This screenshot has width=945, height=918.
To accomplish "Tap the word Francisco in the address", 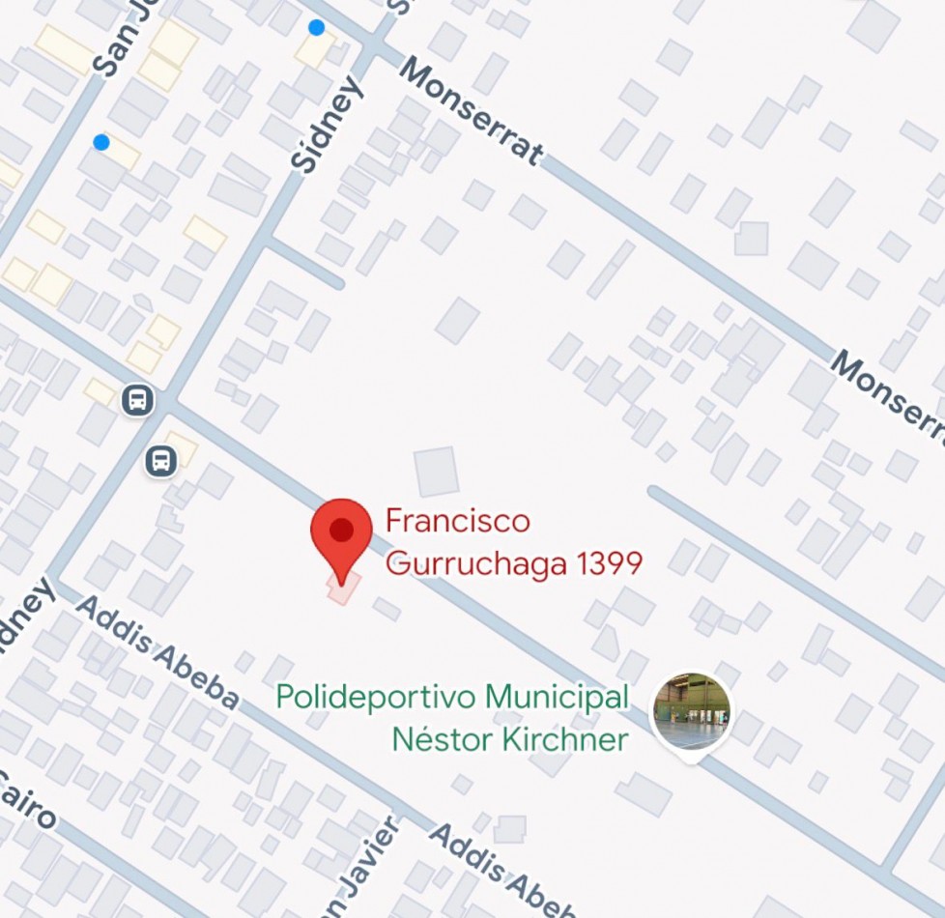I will [x=458, y=522].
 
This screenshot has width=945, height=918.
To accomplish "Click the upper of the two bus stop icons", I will [x=138, y=399].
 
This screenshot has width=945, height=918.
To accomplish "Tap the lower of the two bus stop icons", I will [x=161, y=461].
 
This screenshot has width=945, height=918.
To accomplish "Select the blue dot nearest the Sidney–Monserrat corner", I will [x=316, y=27].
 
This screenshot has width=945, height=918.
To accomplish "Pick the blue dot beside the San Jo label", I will [x=101, y=143].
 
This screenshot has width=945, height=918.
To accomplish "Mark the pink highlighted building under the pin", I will [x=343, y=588].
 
